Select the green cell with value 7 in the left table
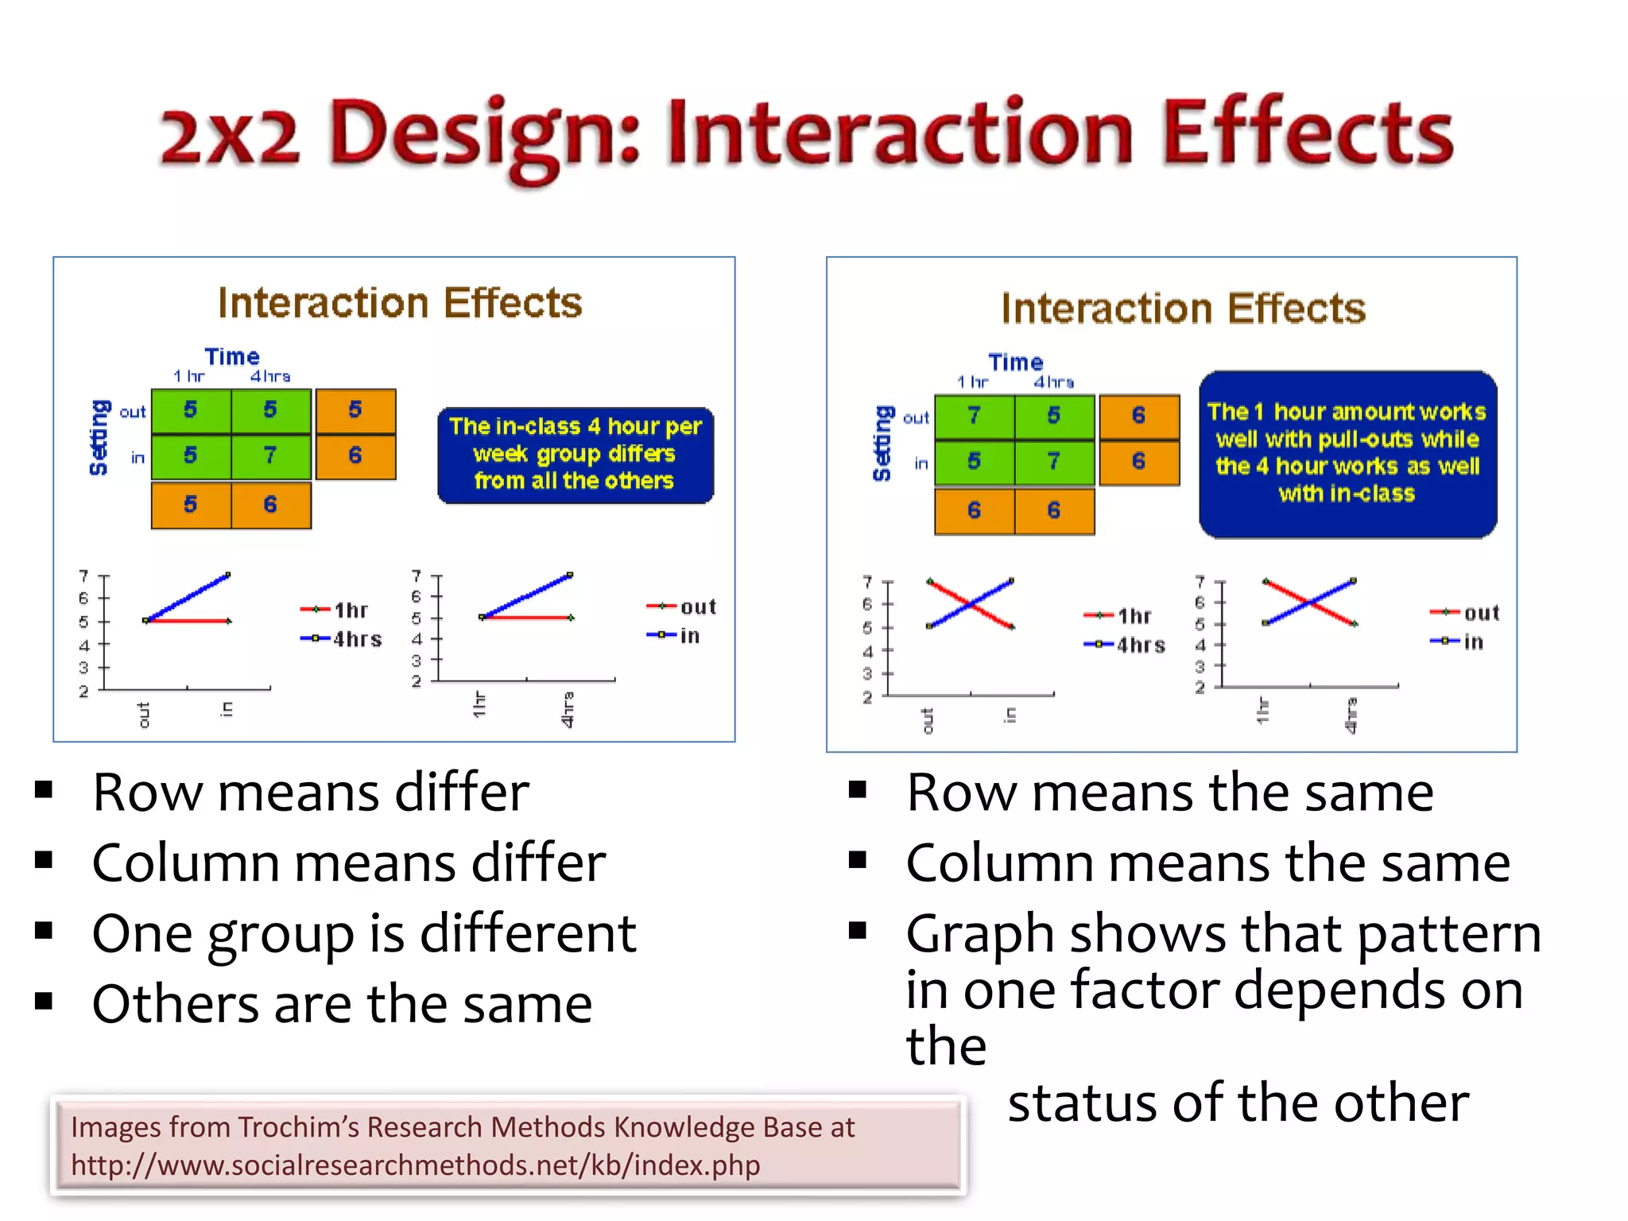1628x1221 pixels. (x=270, y=456)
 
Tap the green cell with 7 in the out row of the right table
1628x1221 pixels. (x=974, y=416)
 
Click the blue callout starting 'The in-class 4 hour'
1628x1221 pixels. (x=575, y=455)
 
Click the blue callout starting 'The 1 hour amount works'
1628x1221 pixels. (x=1347, y=454)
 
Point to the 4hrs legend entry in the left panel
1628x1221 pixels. (x=342, y=638)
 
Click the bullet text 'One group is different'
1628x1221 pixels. (x=364, y=933)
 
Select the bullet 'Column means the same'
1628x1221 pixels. (x=1207, y=863)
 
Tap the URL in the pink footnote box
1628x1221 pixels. (x=415, y=1165)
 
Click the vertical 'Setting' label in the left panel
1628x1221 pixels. (x=99, y=436)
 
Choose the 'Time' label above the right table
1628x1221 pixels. (x=1015, y=362)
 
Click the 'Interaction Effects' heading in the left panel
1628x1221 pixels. (x=400, y=303)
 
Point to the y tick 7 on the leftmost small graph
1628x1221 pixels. (x=83, y=576)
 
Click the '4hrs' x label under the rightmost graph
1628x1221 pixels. (x=1351, y=715)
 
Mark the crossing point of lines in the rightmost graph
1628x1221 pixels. (x=1309, y=603)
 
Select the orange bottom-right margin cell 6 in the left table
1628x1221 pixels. (x=270, y=505)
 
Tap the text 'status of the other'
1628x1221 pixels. (x=1238, y=1103)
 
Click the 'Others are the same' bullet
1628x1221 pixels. (x=342, y=1005)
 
